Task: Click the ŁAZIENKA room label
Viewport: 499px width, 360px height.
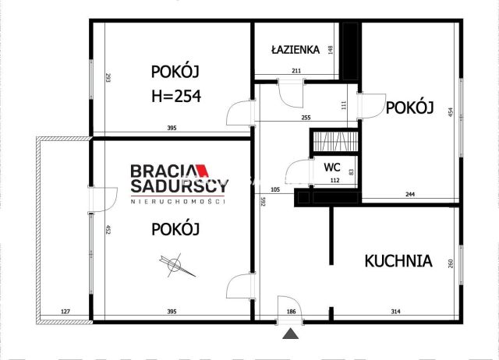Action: click(x=296, y=49)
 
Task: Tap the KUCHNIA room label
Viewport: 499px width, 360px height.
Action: click(x=398, y=260)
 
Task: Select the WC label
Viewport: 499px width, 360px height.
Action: click(x=331, y=167)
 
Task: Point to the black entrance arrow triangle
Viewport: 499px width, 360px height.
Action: click(x=291, y=335)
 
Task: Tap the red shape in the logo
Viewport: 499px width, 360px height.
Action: click(x=200, y=168)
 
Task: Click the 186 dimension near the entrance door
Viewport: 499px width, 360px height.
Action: click(x=292, y=312)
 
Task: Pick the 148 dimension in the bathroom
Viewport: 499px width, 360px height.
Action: click(x=331, y=51)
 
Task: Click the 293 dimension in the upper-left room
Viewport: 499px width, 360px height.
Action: click(x=108, y=78)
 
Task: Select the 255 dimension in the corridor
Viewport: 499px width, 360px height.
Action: click(x=306, y=118)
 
